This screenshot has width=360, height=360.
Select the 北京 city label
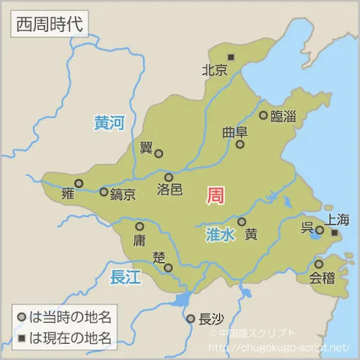click(x=214, y=70)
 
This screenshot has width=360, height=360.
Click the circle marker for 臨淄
click(x=263, y=115)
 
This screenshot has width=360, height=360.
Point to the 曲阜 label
click(x=235, y=131)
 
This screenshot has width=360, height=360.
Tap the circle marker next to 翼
click(x=159, y=153)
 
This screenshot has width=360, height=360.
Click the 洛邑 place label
click(x=169, y=190)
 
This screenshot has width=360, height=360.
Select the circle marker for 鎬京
click(x=103, y=191)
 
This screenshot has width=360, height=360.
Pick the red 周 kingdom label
click(x=215, y=195)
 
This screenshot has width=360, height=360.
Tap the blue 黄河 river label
click(x=109, y=124)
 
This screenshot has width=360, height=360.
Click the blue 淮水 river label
click(x=219, y=236)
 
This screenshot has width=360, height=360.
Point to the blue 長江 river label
click(x=125, y=277)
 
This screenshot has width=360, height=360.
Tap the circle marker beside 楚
click(x=168, y=267)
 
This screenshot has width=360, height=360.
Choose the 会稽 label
click(x=323, y=277)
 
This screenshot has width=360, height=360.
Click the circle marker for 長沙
click(x=190, y=319)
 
